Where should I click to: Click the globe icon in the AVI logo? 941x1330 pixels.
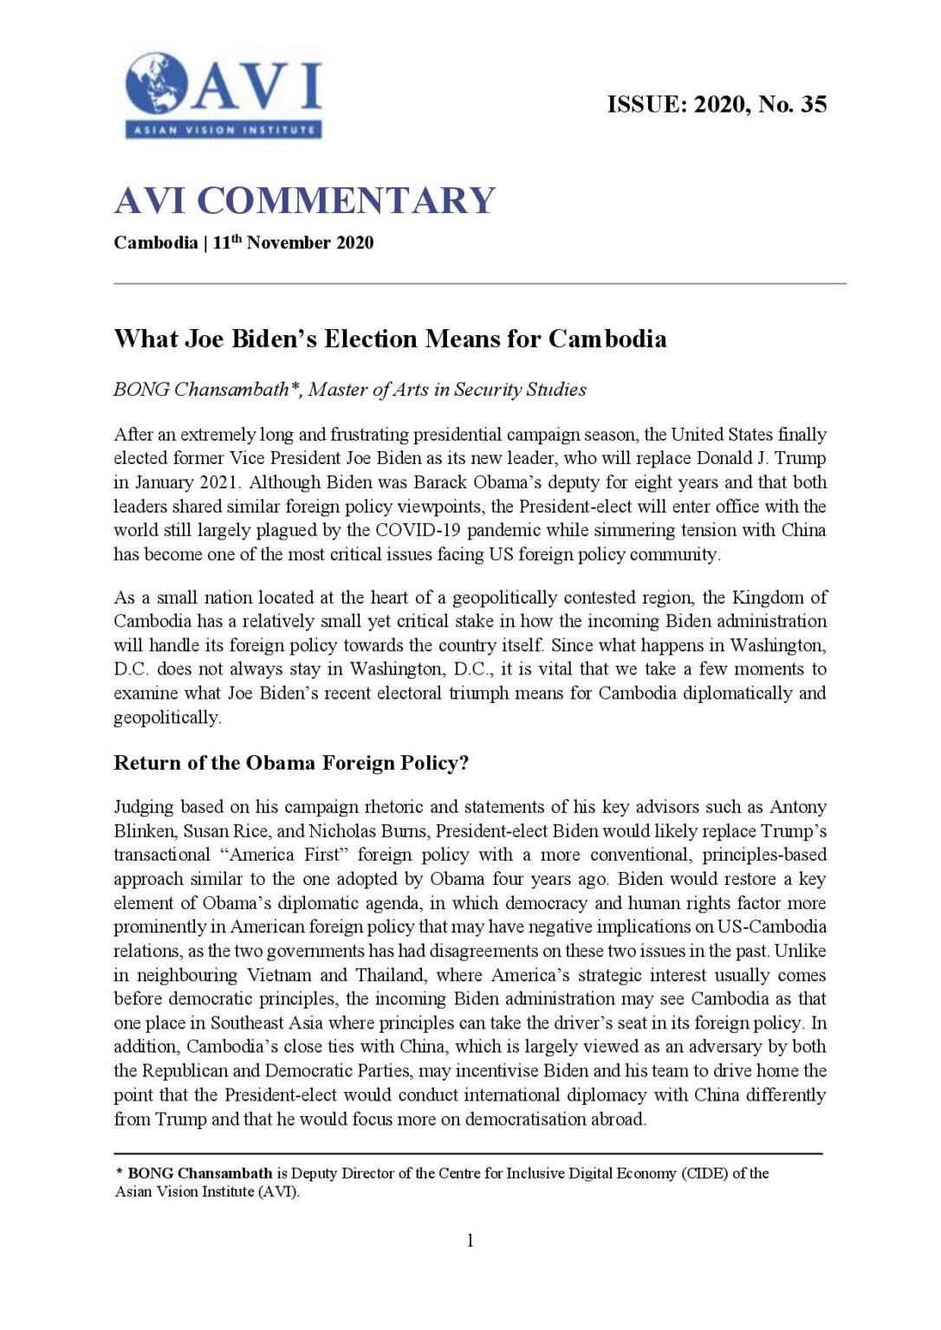tap(157, 83)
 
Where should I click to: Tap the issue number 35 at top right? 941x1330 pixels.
tap(814, 105)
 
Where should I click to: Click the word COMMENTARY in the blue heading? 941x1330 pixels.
tap(346, 201)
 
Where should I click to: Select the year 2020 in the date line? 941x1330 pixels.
tap(354, 242)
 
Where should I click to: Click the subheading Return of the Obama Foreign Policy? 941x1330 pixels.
tap(291, 763)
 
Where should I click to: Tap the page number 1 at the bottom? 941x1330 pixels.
tap(470, 1241)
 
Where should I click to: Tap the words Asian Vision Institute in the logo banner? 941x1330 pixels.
tap(224, 131)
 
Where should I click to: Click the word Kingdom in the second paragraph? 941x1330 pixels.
tap(769, 597)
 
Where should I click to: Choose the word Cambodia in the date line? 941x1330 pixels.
tap(155, 242)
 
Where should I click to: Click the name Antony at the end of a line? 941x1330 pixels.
tap(797, 807)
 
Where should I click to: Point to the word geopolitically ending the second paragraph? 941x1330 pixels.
tap(166, 717)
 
